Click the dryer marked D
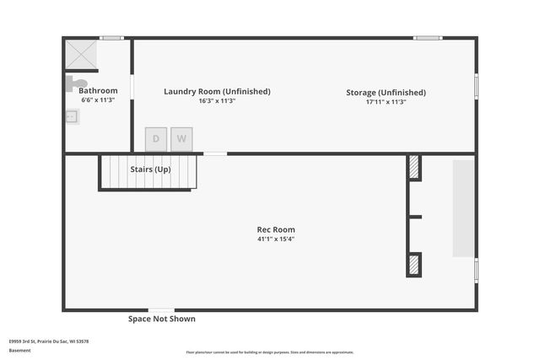coord(156,139)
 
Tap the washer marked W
coord(181,139)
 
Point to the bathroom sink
coord(72,116)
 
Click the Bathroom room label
coord(98,90)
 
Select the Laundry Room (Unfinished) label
coord(217,91)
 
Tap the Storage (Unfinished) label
coord(386,92)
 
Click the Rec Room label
coord(276,229)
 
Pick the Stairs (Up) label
coord(150,169)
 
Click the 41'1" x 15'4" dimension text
coord(276,239)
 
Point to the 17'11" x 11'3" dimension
coord(386,101)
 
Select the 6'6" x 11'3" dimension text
coord(98,99)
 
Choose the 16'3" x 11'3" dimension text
coord(217,100)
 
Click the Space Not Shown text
coord(161,319)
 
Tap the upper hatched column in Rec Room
coord(414,167)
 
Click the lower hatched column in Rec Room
coord(414,265)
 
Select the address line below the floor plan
coord(49,341)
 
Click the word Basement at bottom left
coord(19,350)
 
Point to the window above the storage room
coord(427,37)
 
